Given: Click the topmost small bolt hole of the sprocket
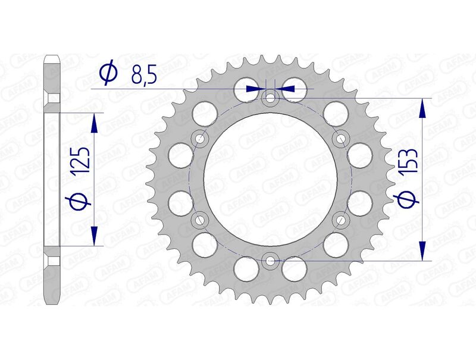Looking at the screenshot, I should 271,98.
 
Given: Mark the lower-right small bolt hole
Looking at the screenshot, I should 341,220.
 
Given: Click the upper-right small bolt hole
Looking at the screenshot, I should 341,139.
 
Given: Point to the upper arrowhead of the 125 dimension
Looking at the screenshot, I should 93,122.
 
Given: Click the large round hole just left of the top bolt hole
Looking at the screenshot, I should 246,89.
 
